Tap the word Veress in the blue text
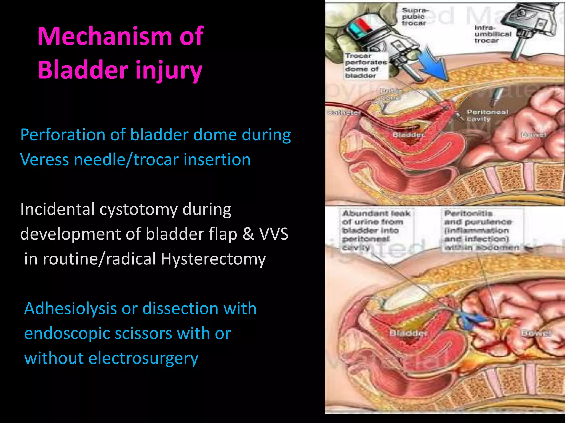tap(44, 160)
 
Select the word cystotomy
tap(138, 209)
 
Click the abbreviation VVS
tap(274, 234)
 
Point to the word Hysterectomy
tap(213, 259)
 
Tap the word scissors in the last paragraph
tap(143, 333)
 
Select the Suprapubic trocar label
tap(414, 17)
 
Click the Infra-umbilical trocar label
tap(493, 34)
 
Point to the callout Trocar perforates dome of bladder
tap(366, 66)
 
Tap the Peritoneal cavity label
tap(487, 115)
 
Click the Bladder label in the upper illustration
tap(408, 135)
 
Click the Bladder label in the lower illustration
tap(408, 333)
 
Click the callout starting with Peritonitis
tap(481, 230)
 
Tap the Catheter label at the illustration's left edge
tap(343, 113)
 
